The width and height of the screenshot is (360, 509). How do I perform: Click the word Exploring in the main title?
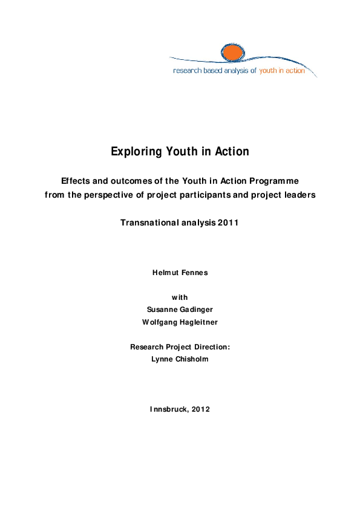click(133, 152)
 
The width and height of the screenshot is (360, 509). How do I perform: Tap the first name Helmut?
click(165, 273)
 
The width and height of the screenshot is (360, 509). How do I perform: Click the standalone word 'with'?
click(180, 297)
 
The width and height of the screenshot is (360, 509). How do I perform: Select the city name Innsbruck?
click(168, 409)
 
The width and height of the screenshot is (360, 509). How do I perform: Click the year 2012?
click(200, 409)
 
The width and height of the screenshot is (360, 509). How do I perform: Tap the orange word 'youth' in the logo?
click(269, 71)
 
